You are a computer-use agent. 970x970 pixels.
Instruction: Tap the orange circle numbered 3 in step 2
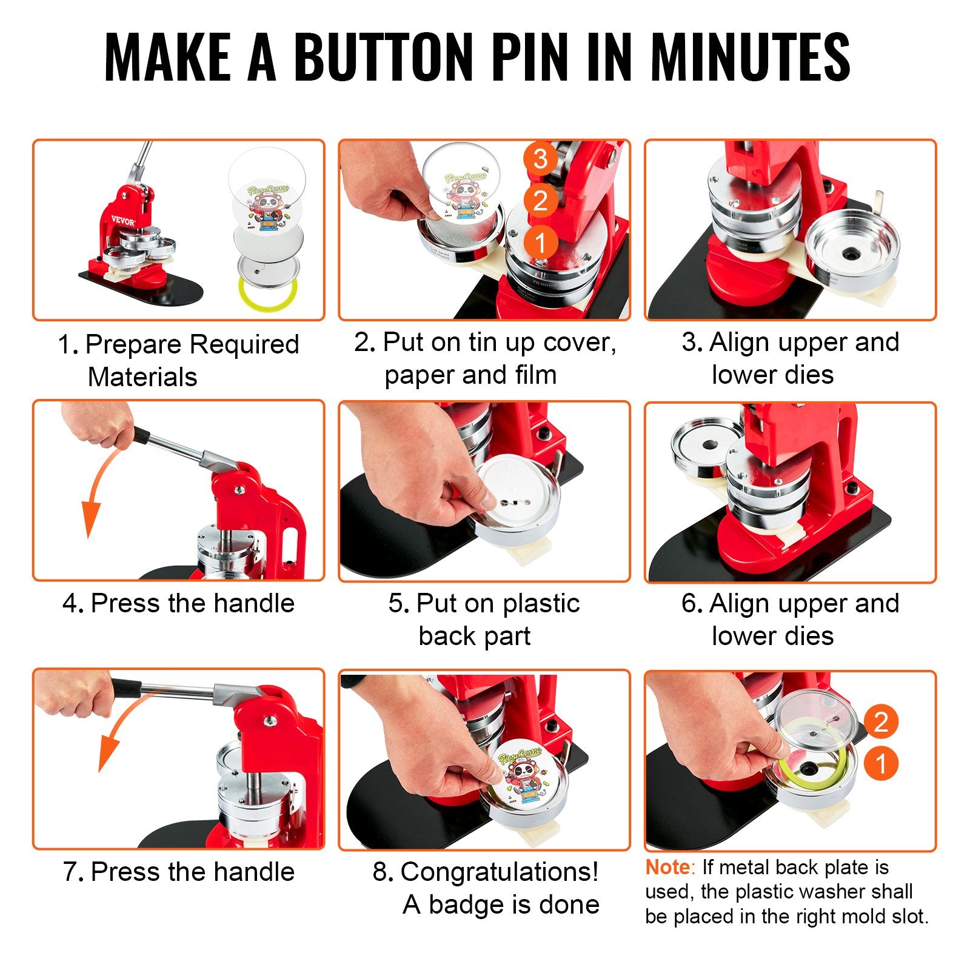(540, 159)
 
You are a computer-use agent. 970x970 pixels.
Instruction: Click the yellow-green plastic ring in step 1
(267, 292)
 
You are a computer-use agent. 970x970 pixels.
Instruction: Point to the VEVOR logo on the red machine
(123, 221)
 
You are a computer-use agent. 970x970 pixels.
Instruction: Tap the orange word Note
(667, 868)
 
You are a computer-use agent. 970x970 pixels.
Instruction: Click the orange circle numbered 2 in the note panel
(880, 721)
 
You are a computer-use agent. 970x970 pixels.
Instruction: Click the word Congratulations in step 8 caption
(499, 872)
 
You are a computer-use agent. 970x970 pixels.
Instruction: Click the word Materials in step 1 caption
(142, 377)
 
